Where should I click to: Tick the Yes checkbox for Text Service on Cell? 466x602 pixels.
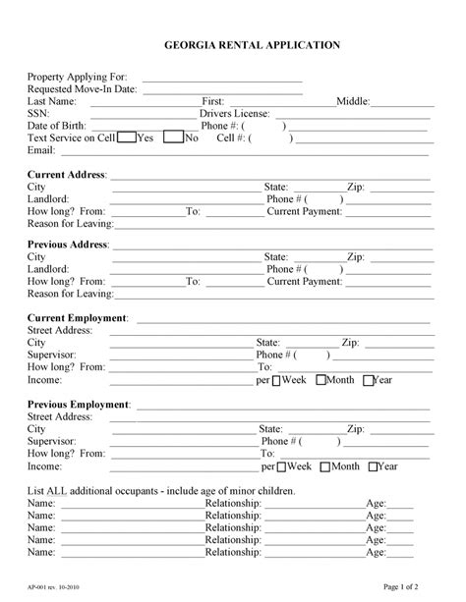(126, 138)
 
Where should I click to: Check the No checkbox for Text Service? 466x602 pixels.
(174, 138)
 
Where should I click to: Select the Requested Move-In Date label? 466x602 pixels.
(83, 88)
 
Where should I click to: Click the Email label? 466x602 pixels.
(40, 150)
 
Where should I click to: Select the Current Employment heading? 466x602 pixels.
(78, 319)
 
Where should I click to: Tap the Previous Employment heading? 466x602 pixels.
(79, 405)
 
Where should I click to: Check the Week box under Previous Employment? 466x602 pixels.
(276, 466)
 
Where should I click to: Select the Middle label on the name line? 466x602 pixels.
(352, 101)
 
